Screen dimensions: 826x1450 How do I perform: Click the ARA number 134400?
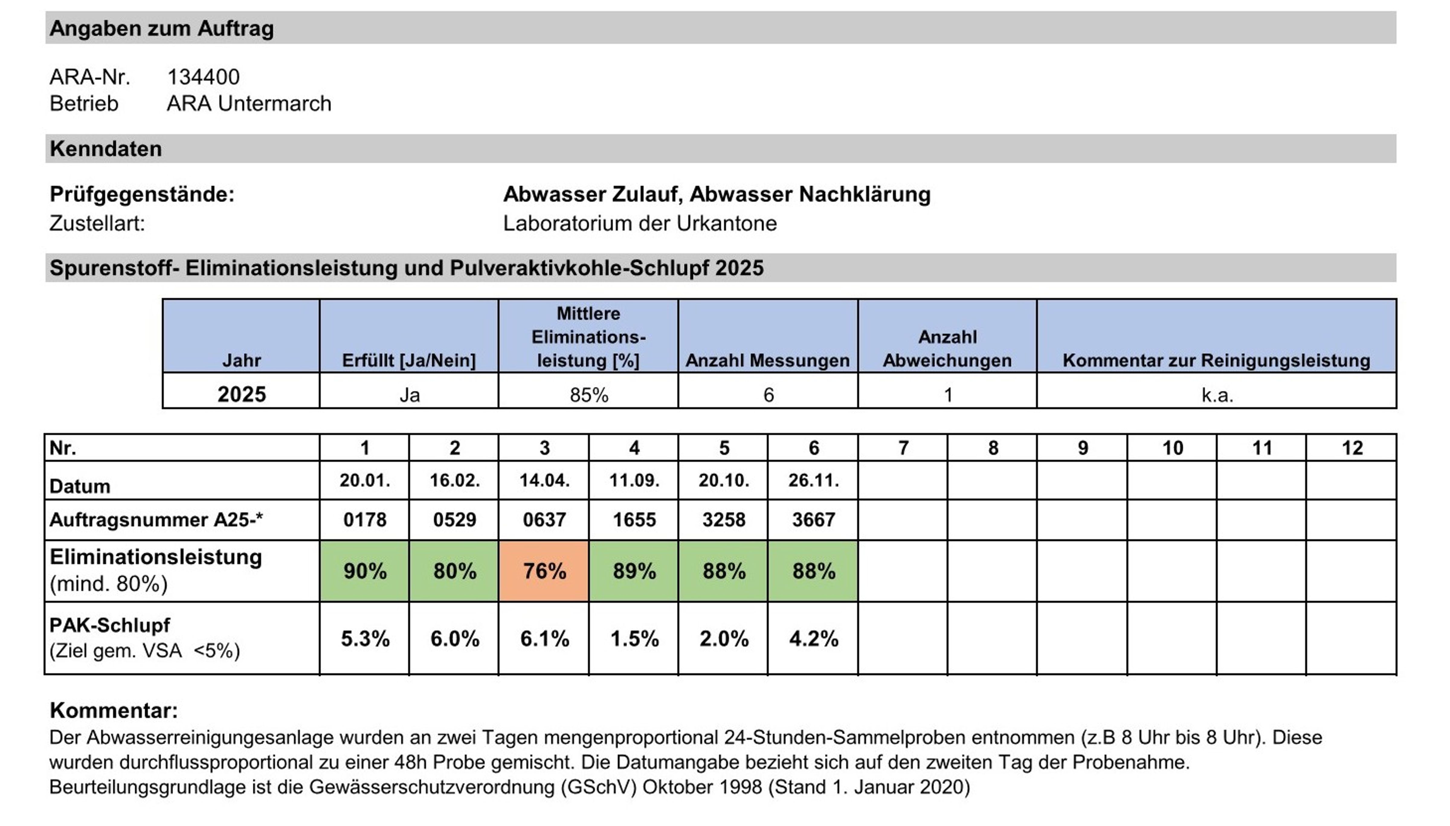(x=203, y=77)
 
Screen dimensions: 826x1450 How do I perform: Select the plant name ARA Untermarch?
(x=249, y=104)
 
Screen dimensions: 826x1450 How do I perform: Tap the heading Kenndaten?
(x=105, y=149)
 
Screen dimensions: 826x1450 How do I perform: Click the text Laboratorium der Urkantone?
(x=640, y=223)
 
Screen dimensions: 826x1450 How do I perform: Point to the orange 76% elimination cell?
(x=544, y=571)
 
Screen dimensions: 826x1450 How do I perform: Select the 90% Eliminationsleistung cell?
(x=364, y=571)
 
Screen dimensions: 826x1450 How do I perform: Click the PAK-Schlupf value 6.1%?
(x=544, y=639)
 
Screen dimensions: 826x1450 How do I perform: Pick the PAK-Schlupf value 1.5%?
(x=634, y=639)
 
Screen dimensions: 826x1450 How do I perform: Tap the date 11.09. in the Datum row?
(x=634, y=481)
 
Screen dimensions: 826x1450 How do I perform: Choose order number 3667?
(x=813, y=520)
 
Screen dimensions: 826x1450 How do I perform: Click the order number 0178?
(x=364, y=520)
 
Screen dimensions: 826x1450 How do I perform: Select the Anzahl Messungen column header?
(x=767, y=360)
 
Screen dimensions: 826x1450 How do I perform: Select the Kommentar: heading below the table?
(x=114, y=710)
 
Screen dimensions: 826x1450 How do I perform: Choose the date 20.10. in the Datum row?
(x=723, y=481)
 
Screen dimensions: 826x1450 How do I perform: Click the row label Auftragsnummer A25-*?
(x=156, y=520)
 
